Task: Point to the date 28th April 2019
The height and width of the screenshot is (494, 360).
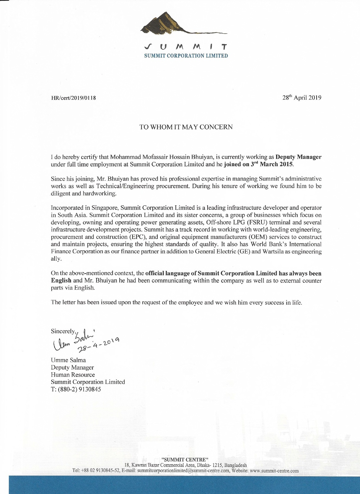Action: (302, 98)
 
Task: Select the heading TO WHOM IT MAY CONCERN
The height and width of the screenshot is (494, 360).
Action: (186, 127)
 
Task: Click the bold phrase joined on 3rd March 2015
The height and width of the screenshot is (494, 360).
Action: (259, 164)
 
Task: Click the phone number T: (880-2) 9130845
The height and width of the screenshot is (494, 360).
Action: (76, 389)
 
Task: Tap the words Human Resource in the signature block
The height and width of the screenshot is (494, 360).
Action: (73, 375)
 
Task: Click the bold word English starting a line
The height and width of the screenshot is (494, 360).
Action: (61, 281)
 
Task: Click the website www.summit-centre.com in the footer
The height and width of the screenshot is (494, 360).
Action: (274, 471)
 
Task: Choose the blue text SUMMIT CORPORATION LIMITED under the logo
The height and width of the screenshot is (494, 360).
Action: (186, 56)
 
